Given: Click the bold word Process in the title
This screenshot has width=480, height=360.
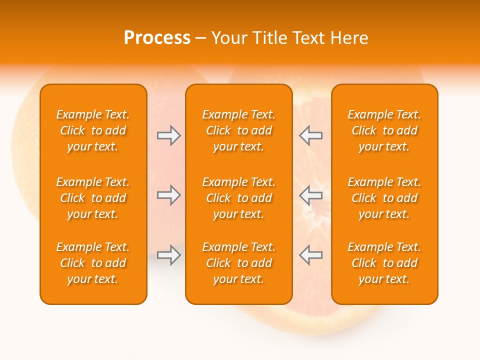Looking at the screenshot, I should tap(157, 38).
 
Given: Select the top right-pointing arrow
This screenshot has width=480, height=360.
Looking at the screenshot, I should tap(168, 135).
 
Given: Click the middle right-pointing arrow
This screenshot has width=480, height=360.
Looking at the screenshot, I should tap(168, 195).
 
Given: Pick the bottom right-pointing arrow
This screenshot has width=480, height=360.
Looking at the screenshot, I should tap(168, 255).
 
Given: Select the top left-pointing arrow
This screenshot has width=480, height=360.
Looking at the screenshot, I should tap(310, 135).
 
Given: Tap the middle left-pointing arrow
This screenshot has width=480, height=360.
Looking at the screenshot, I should tap(310, 195).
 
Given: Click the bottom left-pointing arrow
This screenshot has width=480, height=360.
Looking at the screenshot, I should tap(310, 255).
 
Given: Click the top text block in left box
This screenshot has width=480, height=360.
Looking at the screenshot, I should tap(93, 130).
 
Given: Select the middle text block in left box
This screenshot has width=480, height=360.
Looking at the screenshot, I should tap(93, 198).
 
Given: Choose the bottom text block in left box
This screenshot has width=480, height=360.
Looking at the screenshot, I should tap(93, 263).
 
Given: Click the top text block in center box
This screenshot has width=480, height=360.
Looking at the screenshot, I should tap(239, 130).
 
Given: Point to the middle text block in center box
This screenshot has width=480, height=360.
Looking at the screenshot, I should tap(239, 198).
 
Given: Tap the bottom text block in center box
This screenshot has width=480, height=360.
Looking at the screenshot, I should tap(239, 263).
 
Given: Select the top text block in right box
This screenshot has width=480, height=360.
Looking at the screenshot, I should tap(384, 130).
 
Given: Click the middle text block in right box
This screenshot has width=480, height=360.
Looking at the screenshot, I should tap(384, 198).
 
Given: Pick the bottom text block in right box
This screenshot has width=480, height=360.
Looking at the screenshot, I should tap(384, 263).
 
